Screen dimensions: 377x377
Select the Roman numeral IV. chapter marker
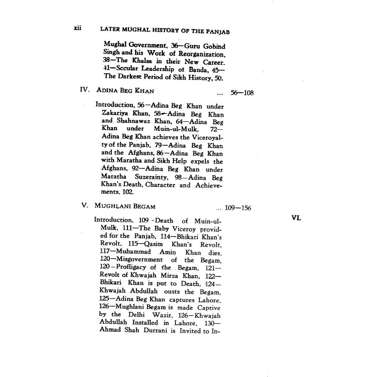coord(84,90)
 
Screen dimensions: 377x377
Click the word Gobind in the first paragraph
coord(215,47)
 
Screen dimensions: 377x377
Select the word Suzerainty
coord(148,177)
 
